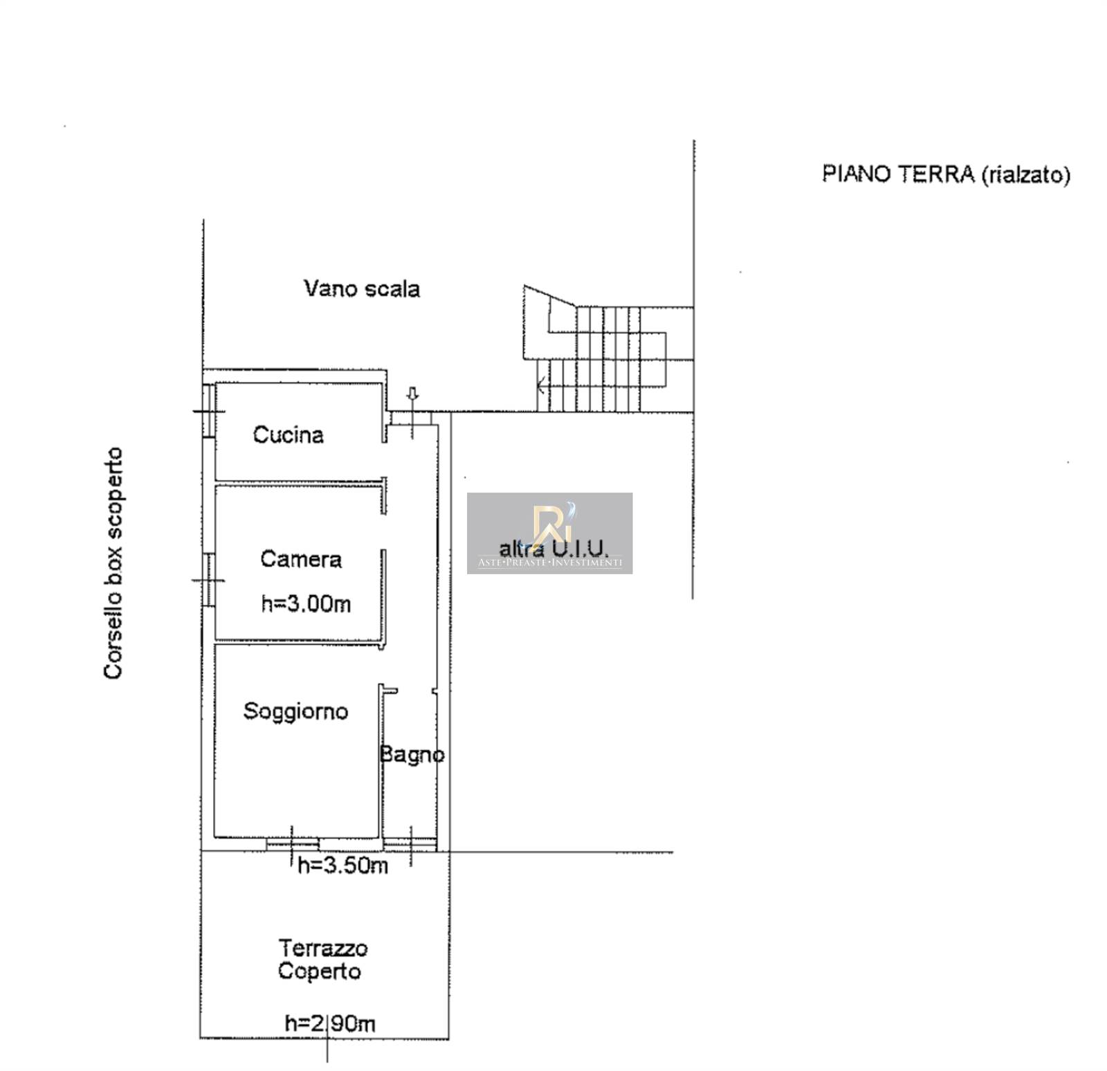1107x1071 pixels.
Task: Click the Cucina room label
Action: (288, 434)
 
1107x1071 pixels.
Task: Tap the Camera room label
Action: (301, 559)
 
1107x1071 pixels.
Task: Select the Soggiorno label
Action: (295, 711)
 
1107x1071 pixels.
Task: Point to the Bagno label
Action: (412, 754)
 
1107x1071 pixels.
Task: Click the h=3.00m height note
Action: (306, 604)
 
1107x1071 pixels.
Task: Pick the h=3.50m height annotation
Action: (342, 865)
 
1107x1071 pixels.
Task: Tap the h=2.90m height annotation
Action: (330, 1023)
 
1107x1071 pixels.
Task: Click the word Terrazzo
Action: (323, 948)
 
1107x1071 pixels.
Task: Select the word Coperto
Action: (320, 971)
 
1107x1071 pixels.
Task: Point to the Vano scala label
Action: (362, 289)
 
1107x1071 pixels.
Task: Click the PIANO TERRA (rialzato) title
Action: (946, 174)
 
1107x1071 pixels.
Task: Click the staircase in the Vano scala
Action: (607, 349)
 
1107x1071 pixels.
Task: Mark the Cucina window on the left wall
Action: (208, 411)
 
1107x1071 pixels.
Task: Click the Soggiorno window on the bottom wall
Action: (293, 843)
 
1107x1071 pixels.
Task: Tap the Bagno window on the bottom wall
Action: (410, 843)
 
